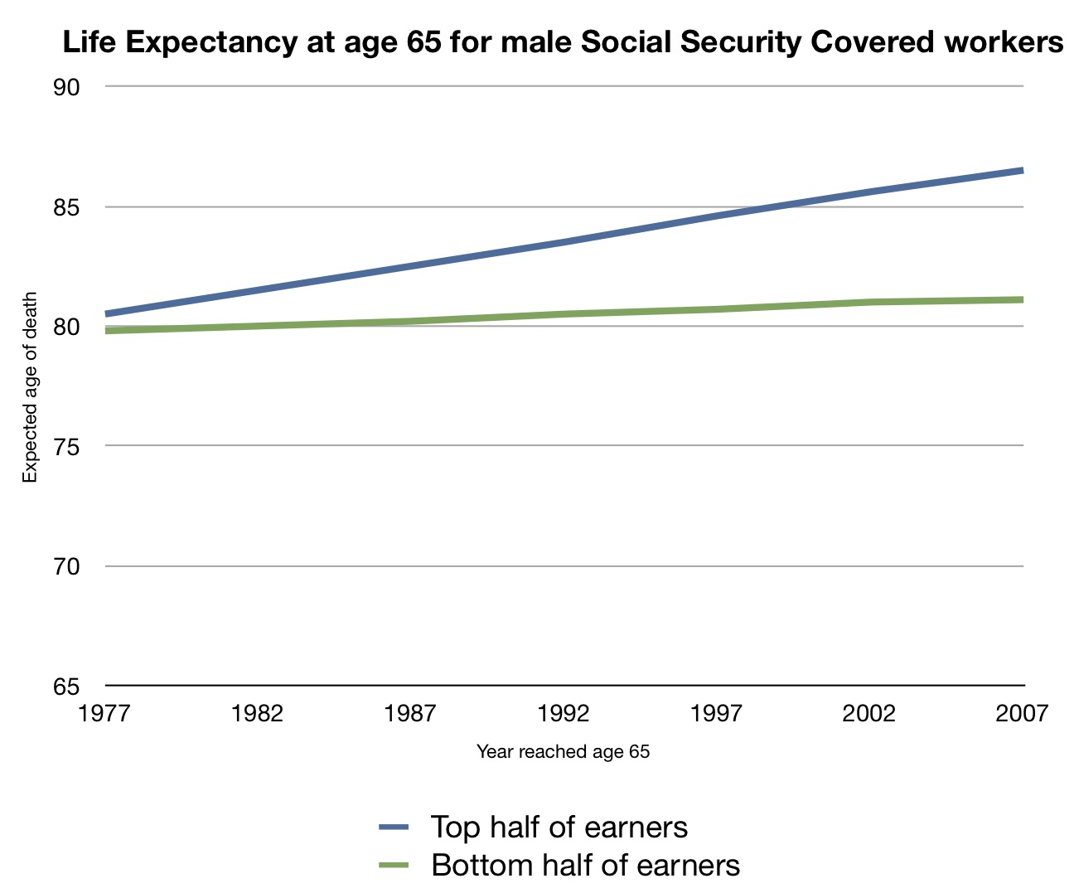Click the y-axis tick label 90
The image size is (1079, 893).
pyautogui.click(x=66, y=88)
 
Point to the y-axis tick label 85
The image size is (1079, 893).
pyautogui.click(x=66, y=207)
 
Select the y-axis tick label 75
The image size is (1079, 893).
pyautogui.click(x=66, y=447)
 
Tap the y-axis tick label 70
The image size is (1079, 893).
pyautogui.click(x=66, y=567)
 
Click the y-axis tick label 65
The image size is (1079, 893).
pyautogui.click(x=66, y=687)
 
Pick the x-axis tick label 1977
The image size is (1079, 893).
pyautogui.click(x=105, y=714)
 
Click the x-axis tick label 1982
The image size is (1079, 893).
pyautogui.click(x=258, y=714)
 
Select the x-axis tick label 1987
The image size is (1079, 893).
pyautogui.click(x=410, y=714)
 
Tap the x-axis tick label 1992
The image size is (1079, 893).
pyautogui.click(x=564, y=714)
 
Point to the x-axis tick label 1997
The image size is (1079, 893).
pyautogui.click(x=716, y=714)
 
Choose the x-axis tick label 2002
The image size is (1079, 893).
pyautogui.click(x=869, y=714)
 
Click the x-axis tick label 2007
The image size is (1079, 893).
pyautogui.click(x=1022, y=714)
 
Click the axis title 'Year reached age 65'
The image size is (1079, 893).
pyautogui.click(x=564, y=752)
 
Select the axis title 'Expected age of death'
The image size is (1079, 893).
pyautogui.click(x=31, y=387)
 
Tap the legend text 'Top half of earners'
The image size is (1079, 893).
pyautogui.click(x=559, y=827)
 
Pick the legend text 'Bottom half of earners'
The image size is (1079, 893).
pyautogui.click(x=585, y=866)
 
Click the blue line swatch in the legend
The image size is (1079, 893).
pyautogui.click(x=394, y=827)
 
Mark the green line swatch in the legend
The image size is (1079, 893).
pyautogui.click(x=394, y=866)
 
